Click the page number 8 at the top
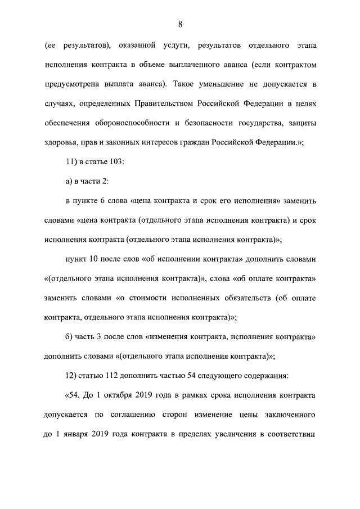tap(180, 24)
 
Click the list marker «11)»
tap(72, 162)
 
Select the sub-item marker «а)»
tap(70, 181)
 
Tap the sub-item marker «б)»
tap(70, 337)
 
